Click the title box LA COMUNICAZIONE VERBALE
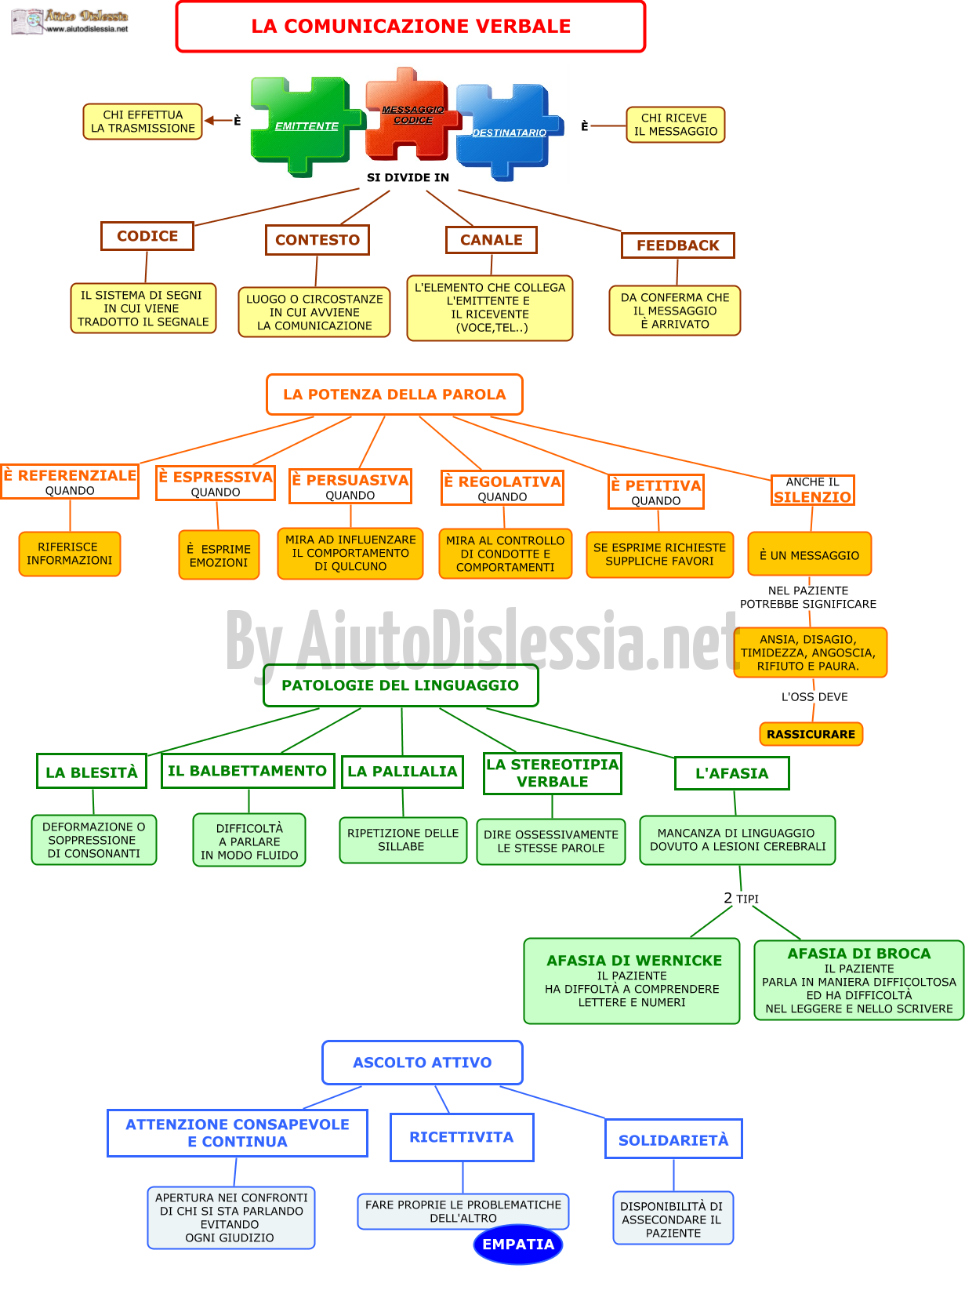[410, 27]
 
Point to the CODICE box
[147, 235]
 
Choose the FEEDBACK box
[677, 245]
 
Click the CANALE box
[491, 239]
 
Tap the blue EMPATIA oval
[517, 1243]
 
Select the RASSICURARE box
[810, 733]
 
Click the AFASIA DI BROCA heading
[858, 953]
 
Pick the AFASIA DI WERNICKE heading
[633, 960]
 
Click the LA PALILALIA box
[402, 771]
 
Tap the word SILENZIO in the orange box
[811, 496]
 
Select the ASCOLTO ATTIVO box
[422, 1062]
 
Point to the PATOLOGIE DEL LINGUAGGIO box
[400, 685]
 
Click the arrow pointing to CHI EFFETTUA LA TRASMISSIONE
[217, 120]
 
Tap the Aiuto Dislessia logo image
[69, 21]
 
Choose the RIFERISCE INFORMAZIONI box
[69, 553]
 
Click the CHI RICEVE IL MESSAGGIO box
[675, 125]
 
